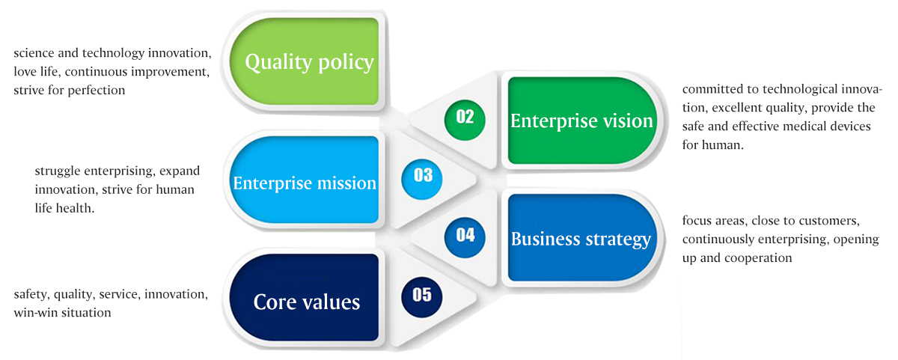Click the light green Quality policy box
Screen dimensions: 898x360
(304, 61)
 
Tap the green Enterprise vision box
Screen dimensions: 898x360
(582, 120)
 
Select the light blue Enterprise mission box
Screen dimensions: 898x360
(304, 180)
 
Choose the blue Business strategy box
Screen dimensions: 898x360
(582, 238)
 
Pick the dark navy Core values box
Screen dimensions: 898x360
(304, 297)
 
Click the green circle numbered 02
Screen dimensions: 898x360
(465, 120)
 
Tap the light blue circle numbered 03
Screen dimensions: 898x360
(422, 179)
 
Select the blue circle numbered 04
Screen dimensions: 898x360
(465, 237)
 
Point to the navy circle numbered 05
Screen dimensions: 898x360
(422, 297)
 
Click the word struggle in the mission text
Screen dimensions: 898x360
(58, 171)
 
